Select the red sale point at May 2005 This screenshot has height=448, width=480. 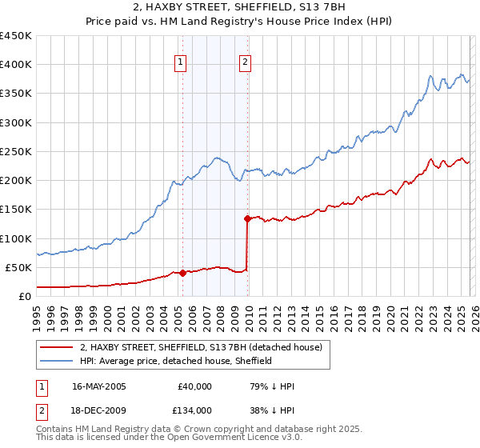coord(182,273)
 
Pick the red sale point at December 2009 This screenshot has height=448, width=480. coord(247,218)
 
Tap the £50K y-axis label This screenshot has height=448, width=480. coord(19,267)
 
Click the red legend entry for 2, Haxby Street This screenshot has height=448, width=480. coord(200,347)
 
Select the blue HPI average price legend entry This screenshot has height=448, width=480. coord(176,361)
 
